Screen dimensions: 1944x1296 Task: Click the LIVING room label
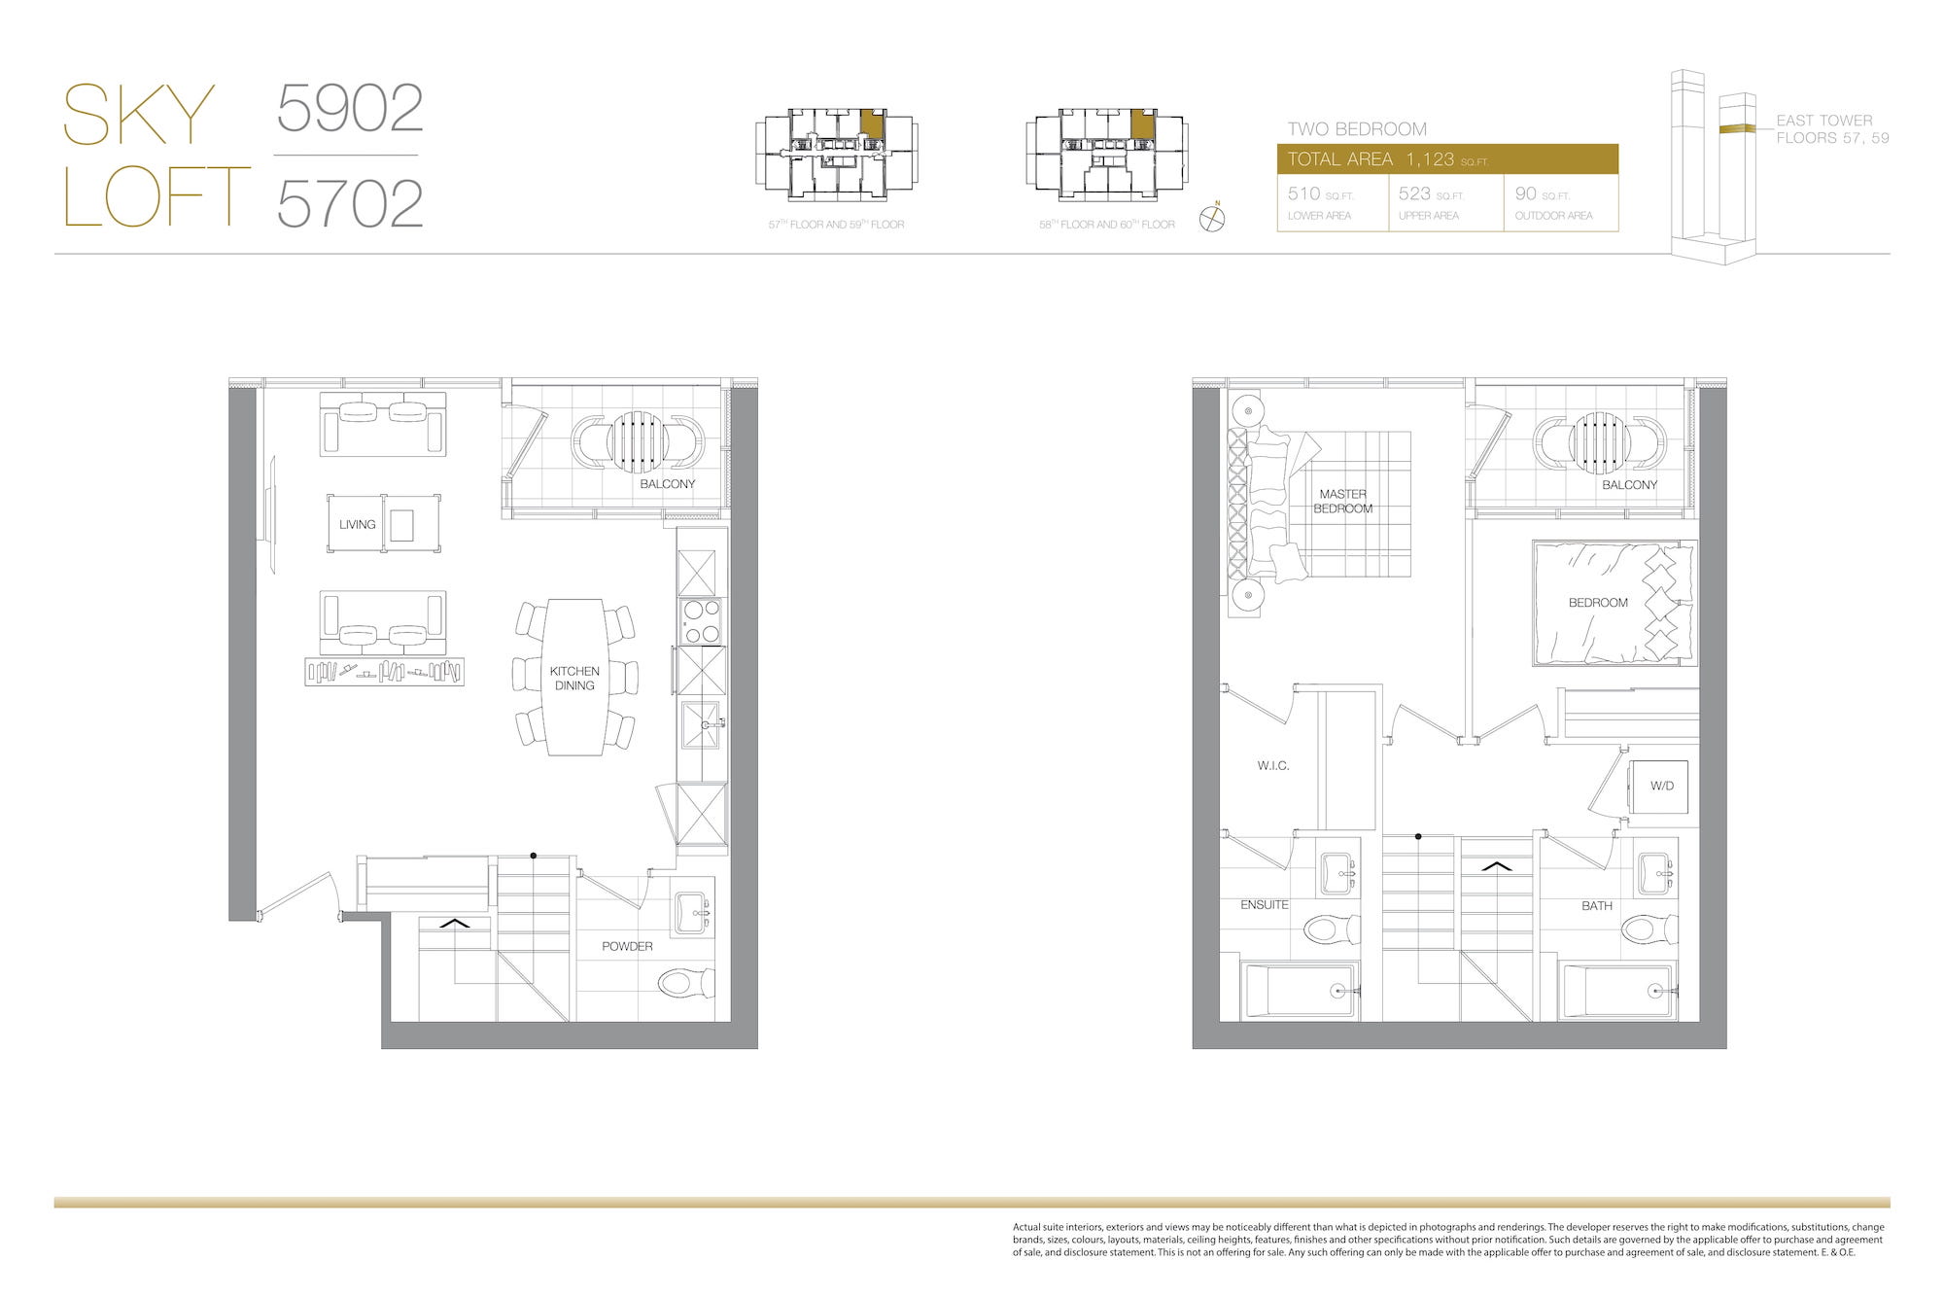point(357,524)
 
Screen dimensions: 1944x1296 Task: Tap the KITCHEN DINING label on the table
point(574,678)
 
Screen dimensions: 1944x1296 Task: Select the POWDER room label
point(627,946)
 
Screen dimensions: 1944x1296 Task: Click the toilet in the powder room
point(686,984)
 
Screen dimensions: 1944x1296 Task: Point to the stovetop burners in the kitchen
point(701,622)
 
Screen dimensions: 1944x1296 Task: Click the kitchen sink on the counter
point(702,724)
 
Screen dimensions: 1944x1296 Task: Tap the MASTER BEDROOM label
point(1343,501)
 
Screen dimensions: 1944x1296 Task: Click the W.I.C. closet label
point(1273,766)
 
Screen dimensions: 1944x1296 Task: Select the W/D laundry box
point(1659,786)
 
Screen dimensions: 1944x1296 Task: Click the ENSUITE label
point(1265,904)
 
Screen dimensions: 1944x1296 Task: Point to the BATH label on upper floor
point(1597,905)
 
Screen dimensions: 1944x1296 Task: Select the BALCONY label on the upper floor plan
point(1630,484)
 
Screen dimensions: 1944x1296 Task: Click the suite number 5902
point(350,108)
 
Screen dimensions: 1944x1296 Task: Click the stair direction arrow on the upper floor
point(1497,865)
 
